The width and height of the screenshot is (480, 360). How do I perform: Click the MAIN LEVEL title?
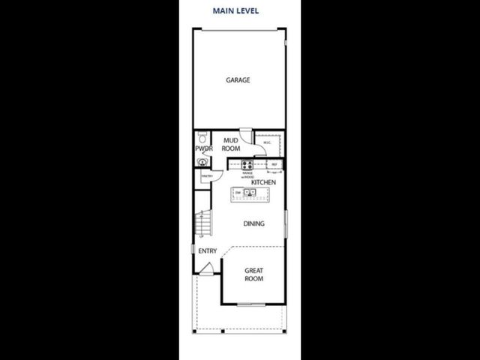[x=238, y=11]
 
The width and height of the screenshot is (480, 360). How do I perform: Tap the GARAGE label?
[x=238, y=80]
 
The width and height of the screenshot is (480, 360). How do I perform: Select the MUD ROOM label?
[x=231, y=144]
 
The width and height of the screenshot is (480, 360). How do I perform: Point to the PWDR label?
[x=204, y=148]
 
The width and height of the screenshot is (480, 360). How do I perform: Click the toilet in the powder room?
[x=200, y=138]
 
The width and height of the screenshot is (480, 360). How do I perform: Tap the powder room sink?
[x=201, y=160]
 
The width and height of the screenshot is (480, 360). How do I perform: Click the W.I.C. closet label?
[x=266, y=142]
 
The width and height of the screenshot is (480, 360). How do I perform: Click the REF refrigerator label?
[x=274, y=164]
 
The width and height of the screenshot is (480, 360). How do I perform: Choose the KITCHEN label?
[x=264, y=182]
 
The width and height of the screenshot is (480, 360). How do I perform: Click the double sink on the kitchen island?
[x=249, y=193]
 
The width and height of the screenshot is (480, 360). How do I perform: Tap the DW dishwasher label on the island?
[x=238, y=193]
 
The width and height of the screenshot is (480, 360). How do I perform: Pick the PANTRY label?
[x=206, y=176]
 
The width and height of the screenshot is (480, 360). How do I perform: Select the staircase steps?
[x=201, y=223]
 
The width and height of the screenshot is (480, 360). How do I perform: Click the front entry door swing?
[x=209, y=267]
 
